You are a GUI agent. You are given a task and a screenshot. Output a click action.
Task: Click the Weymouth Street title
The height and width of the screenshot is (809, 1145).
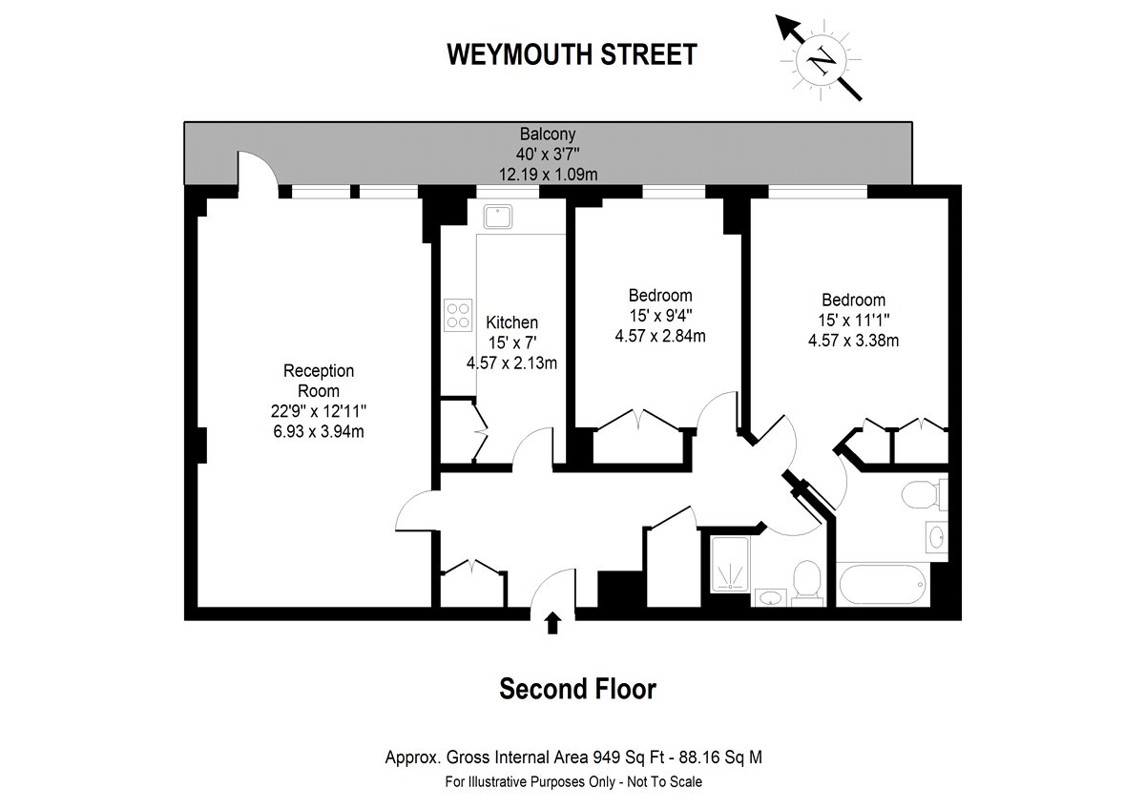pos(572,54)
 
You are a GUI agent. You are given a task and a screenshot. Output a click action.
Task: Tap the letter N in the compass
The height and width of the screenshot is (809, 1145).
pos(821,60)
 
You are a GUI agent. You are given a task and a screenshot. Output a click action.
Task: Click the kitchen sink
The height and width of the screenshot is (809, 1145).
pos(498,218)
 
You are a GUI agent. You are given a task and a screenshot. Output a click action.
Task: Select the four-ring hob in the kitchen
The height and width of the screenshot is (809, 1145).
pos(457,316)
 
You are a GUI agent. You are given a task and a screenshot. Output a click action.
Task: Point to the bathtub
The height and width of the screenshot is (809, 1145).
pos(883,584)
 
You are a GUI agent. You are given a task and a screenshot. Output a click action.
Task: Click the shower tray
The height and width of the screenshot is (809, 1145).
pos(730,564)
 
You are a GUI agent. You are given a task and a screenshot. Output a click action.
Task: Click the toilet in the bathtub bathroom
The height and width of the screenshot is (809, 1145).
pos(924,495)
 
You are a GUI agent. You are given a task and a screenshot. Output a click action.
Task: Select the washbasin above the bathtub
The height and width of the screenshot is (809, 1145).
pos(937,537)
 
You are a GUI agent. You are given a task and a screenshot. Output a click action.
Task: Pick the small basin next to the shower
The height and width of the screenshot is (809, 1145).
pos(770,597)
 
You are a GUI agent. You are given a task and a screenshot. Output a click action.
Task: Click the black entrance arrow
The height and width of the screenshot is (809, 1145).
pos(552,624)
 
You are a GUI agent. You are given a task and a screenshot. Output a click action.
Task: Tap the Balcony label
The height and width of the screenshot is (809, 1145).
pos(548,134)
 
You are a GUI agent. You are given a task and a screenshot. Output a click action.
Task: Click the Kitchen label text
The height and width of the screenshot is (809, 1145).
pos(511,322)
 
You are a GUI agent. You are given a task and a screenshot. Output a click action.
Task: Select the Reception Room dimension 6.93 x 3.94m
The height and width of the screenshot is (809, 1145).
pos(319,431)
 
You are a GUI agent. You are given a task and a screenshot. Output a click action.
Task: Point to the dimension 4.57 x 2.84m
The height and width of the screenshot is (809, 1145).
pos(660,336)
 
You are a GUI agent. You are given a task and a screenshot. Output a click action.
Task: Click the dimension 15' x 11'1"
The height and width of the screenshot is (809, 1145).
pos(854,320)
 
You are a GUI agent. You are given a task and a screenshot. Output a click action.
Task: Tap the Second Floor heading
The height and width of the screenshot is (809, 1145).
pos(577,689)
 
